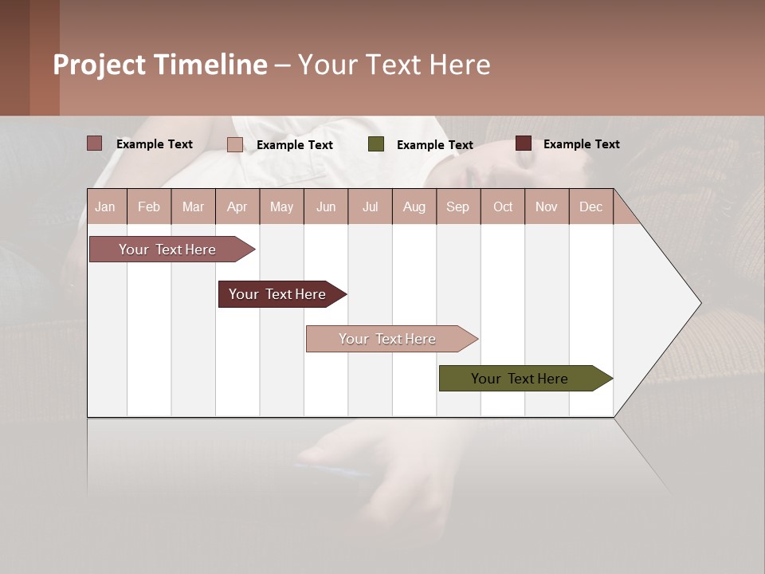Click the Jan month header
tap(106, 206)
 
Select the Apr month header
tap(237, 206)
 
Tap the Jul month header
tap(370, 206)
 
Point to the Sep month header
tap(457, 206)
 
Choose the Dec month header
tap(590, 206)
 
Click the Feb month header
tap(149, 206)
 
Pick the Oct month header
tap(503, 206)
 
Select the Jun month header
tap(326, 206)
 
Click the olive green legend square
tap(376, 143)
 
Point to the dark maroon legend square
tap(524, 143)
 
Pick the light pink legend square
tap(235, 144)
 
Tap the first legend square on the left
tap(95, 143)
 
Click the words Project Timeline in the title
tap(160, 65)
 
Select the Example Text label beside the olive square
tap(435, 144)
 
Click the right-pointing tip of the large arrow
tap(698, 303)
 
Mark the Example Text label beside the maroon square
tap(582, 143)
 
